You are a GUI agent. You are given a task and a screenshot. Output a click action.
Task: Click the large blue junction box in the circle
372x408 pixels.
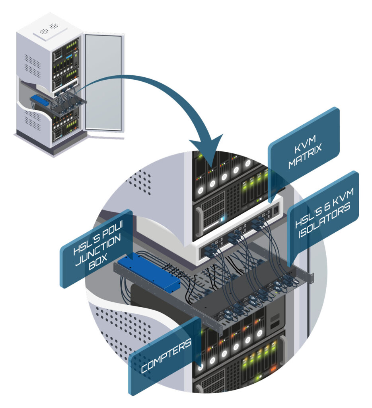(149, 271)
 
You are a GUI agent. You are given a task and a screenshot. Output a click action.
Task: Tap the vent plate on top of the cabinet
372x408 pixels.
(48, 27)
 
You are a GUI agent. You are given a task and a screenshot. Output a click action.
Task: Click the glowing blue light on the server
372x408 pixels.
(223, 218)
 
